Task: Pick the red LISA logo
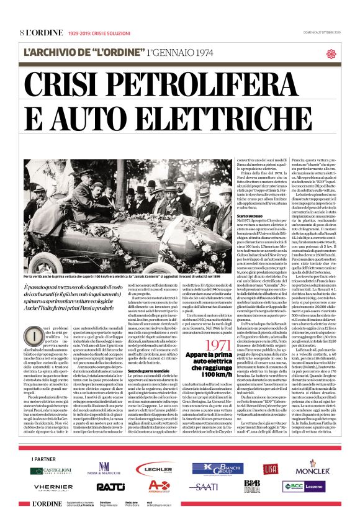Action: click(270, 469)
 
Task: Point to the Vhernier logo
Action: click(53, 487)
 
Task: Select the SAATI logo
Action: click(203, 487)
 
